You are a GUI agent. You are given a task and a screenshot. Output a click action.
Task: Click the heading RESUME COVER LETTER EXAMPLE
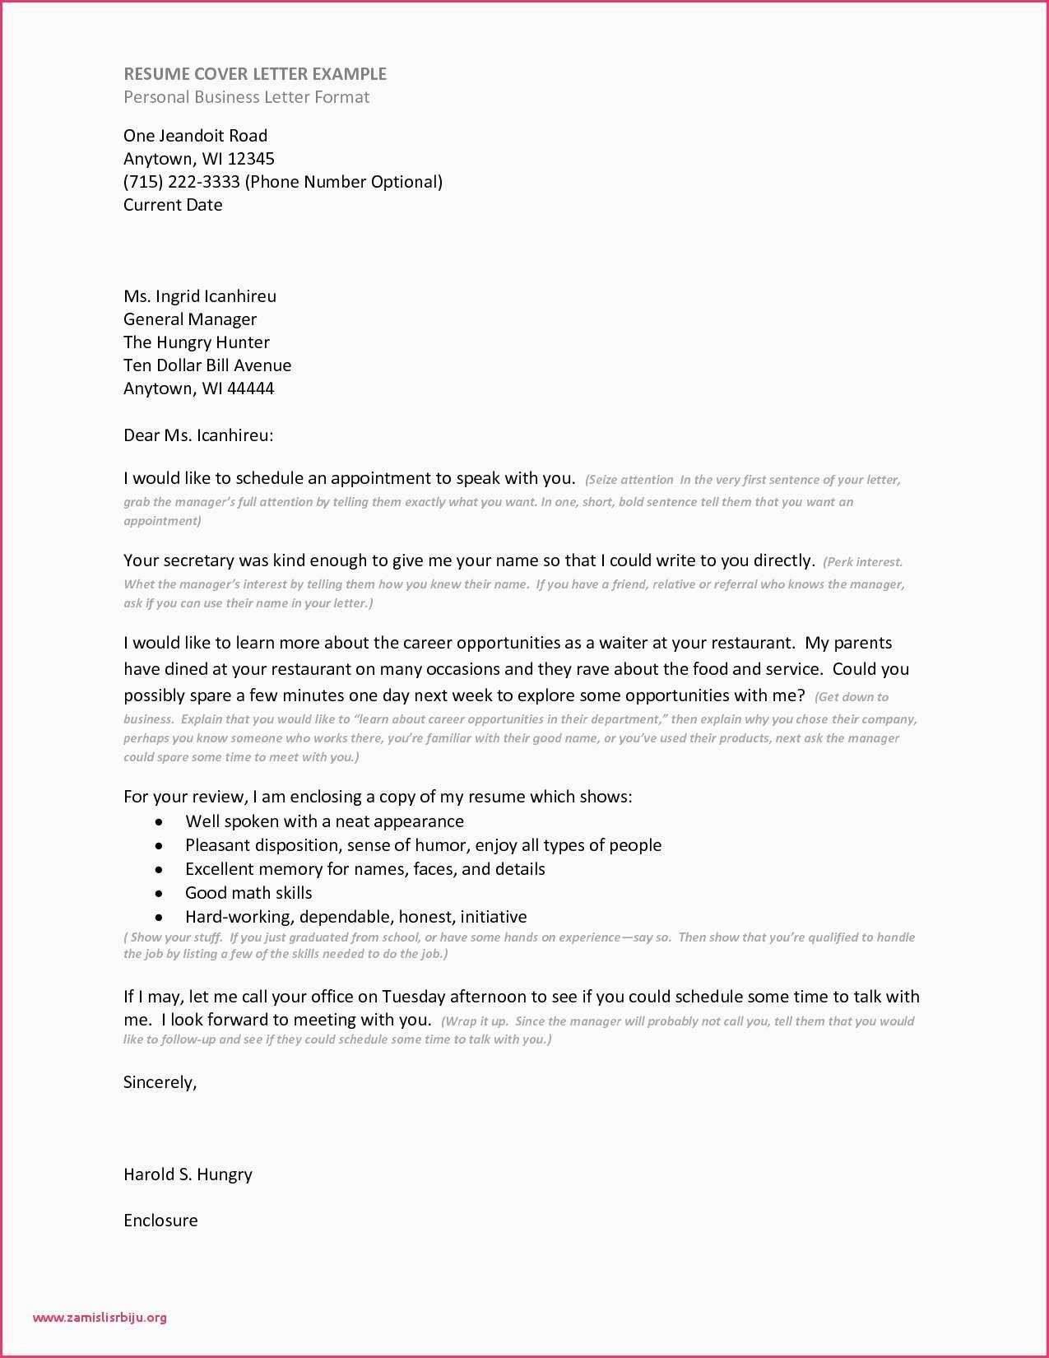click(x=255, y=74)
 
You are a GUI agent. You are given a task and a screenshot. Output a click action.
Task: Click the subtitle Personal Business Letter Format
click(x=246, y=97)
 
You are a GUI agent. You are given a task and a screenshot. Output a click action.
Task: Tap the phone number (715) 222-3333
click(x=181, y=182)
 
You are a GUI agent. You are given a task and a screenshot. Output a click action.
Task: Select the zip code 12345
click(x=251, y=159)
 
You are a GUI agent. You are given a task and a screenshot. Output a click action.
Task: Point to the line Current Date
click(x=173, y=205)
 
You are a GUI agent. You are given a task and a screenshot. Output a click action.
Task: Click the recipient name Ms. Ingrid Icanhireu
click(x=200, y=296)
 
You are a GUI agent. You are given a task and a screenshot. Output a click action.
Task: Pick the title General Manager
click(x=190, y=319)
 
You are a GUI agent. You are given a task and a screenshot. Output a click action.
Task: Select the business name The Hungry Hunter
click(x=197, y=342)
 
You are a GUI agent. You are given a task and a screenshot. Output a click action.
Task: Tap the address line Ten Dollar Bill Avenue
click(x=207, y=365)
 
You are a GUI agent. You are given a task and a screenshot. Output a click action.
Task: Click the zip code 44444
click(x=250, y=388)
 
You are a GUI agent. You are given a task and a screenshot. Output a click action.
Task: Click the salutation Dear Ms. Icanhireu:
click(x=198, y=435)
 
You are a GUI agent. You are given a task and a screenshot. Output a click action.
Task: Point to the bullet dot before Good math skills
click(x=160, y=893)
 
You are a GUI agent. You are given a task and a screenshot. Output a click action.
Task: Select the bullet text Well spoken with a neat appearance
click(x=324, y=821)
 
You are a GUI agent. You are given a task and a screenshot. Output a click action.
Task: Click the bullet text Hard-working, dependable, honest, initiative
click(x=355, y=917)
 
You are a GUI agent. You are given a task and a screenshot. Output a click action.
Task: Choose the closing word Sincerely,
click(x=160, y=1082)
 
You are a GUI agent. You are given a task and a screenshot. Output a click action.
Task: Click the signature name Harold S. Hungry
click(x=188, y=1174)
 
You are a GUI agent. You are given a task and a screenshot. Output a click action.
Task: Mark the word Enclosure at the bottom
click(x=160, y=1221)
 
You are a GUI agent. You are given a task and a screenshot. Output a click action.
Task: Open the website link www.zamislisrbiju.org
click(x=100, y=1317)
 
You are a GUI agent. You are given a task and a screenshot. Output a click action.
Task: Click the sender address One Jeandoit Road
click(x=195, y=136)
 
